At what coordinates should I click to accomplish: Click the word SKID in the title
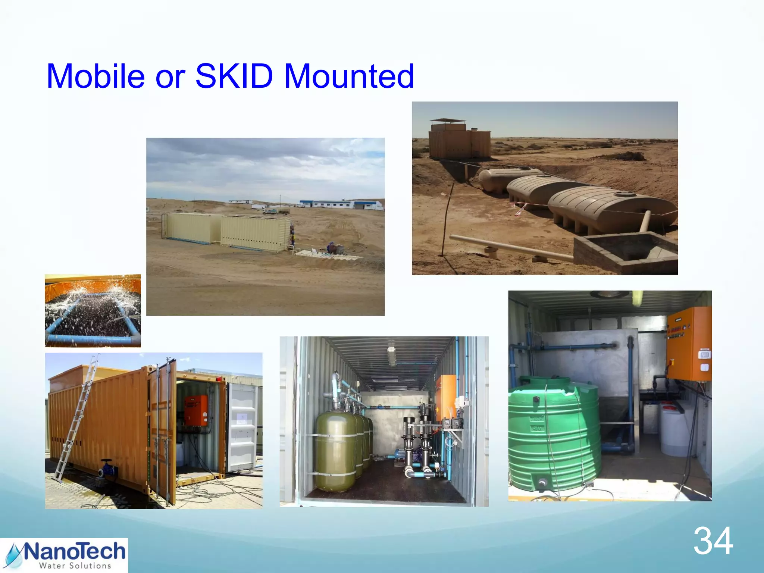pyautogui.click(x=234, y=76)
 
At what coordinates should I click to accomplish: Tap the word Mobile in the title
pyautogui.click(x=95, y=76)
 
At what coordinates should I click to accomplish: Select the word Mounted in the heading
pyautogui.click(x=349, y=76)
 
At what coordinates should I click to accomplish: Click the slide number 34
pyautogui.click(x=713, y=541)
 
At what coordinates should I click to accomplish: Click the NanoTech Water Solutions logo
pyautogui.click(x=64, y=555)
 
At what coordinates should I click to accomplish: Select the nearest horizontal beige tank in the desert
pyautogui.click(x=612, y=209)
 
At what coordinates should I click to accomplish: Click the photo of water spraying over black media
pyautogui.click(x=93, y=311)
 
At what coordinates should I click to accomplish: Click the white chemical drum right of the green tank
pyautogui.click(x=674, y=429)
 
